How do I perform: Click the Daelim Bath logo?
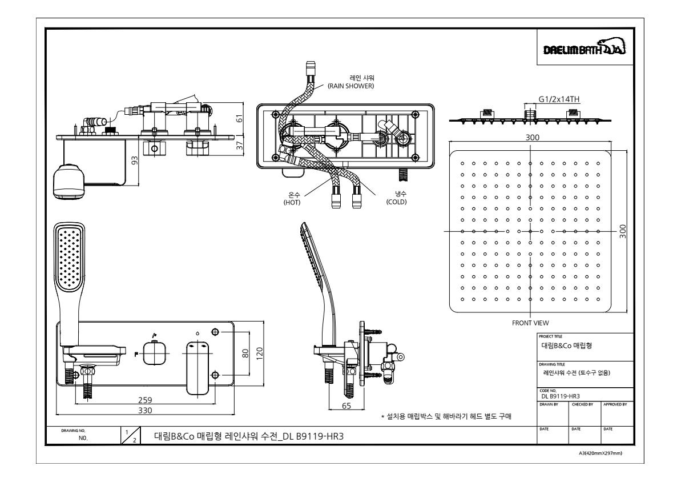[585, 47]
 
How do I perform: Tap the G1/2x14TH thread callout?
[559, 99]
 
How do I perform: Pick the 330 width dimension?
[145, 410]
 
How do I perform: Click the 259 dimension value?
[145, 400]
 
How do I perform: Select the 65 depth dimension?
[346, 406]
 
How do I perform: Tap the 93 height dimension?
[135, 160]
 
